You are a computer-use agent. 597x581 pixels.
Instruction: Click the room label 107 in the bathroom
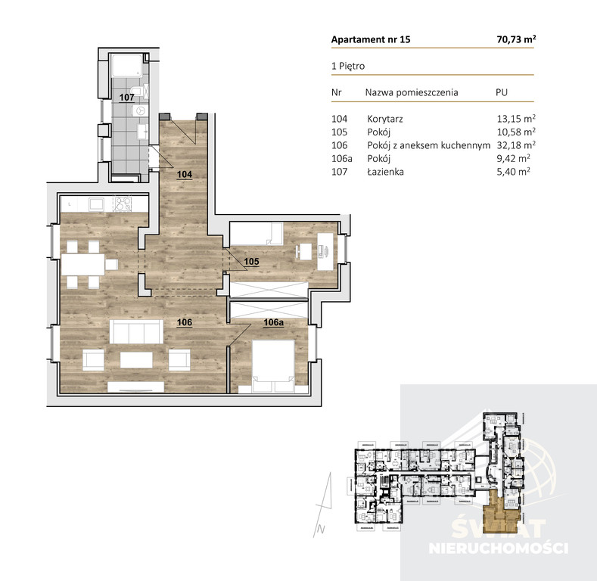[x=126, y=98]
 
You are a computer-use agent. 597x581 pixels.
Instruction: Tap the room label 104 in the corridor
[x=185, y=175]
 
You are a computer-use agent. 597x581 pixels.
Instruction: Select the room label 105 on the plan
[x=251, y=262]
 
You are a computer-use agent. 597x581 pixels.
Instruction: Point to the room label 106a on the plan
[x=273, y=322]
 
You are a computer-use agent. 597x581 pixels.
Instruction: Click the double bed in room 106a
[x=273, y=365]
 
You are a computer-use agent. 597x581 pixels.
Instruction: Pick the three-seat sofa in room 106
[x=136, y=331]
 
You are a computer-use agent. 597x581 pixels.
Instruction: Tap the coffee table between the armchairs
[x=136, y=360]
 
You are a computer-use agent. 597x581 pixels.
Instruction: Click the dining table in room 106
[x=83, y=265]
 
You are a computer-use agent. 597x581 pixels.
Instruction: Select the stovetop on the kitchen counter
[x=123, y=204]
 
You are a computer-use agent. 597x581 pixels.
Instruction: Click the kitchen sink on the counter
[x=96, y=204]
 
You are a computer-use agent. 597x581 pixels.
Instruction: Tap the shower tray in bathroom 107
[x=127, y=66]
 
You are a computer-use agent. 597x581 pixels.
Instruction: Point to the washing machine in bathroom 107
[x=140, y=110]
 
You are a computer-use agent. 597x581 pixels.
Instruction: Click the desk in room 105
[x=325, y=252]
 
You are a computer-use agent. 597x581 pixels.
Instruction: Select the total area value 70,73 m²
[x=516, y=39]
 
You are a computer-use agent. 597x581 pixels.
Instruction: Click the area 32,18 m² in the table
[x=516, y=145]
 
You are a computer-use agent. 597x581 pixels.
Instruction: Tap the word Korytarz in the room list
[x=385, y=119]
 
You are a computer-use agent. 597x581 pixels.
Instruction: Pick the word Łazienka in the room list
[x=385, y=172]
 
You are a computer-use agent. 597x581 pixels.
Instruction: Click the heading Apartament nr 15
[x=371, y=39]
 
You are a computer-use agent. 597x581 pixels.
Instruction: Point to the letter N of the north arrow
[x=321, y=530]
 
